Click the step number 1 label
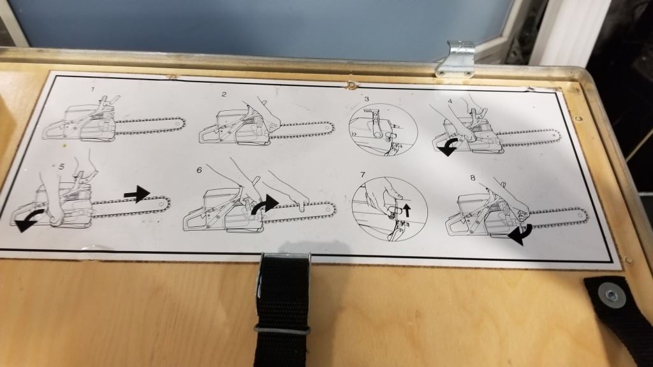93,89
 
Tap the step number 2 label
224,94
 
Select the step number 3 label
367,99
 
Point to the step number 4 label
450,101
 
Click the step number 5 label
62,166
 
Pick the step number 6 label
199,169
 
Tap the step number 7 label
362,175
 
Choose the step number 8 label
473,178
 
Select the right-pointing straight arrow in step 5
137,194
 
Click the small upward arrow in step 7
407,210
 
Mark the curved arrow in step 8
520,234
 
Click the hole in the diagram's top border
351,86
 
